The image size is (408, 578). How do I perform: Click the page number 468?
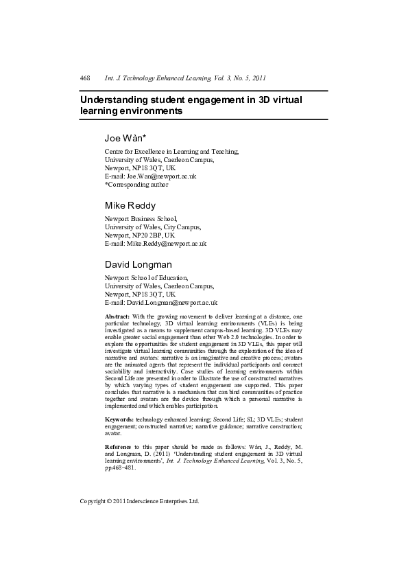pos(86,78)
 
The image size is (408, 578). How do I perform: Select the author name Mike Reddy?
pos(130,205)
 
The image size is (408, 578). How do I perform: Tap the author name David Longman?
pos(139,264)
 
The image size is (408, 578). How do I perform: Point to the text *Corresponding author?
pos(136,184)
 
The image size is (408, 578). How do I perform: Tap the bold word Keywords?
pos(119,418)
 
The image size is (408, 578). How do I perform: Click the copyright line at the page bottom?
pos(139,501)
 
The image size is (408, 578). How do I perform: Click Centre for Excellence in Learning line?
pos(171,151)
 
